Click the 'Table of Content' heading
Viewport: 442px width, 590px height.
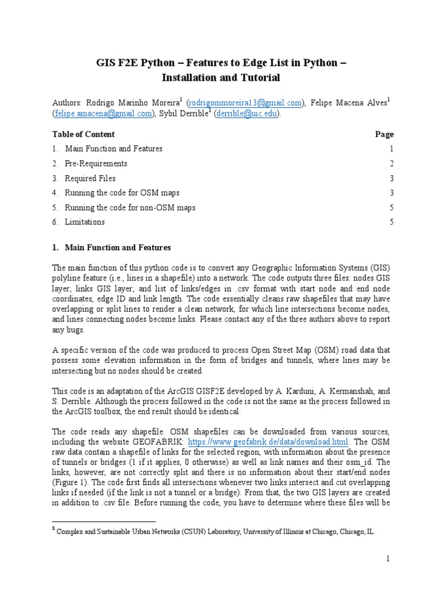click(83, 134)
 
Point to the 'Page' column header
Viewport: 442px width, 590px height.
click(384, 134)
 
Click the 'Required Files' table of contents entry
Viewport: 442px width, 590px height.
click(90, 179)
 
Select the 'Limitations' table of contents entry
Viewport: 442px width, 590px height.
click(85, 222)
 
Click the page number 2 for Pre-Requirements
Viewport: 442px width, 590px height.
click(391, 164)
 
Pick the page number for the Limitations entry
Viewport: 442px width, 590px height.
click(391, 222)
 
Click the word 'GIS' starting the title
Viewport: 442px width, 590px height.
click(105, 62)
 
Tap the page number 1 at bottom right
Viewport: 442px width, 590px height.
click(388, 559)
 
